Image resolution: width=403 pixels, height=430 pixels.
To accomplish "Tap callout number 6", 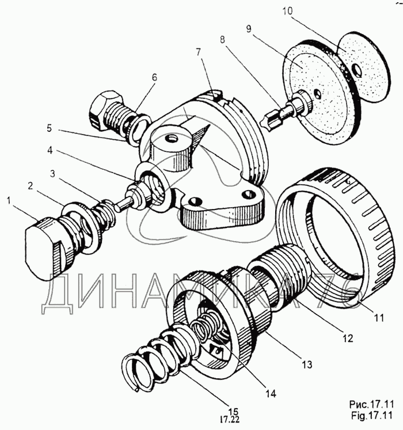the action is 154,78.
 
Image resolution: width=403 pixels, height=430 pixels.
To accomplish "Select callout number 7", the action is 199,52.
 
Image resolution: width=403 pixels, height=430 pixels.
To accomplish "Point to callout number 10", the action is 287,12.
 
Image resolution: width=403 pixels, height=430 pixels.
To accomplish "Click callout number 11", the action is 379,318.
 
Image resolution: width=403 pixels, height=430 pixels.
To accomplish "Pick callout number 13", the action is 307,364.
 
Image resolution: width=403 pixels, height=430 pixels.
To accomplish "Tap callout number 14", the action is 270,394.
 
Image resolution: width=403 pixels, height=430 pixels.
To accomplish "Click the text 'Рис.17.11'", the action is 371,405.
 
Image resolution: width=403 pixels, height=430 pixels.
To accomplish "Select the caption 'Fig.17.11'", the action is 371,416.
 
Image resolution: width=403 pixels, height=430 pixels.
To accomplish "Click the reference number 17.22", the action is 229,420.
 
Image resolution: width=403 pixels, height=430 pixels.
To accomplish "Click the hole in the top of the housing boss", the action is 172,139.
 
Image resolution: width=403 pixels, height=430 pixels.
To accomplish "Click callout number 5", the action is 49,128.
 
